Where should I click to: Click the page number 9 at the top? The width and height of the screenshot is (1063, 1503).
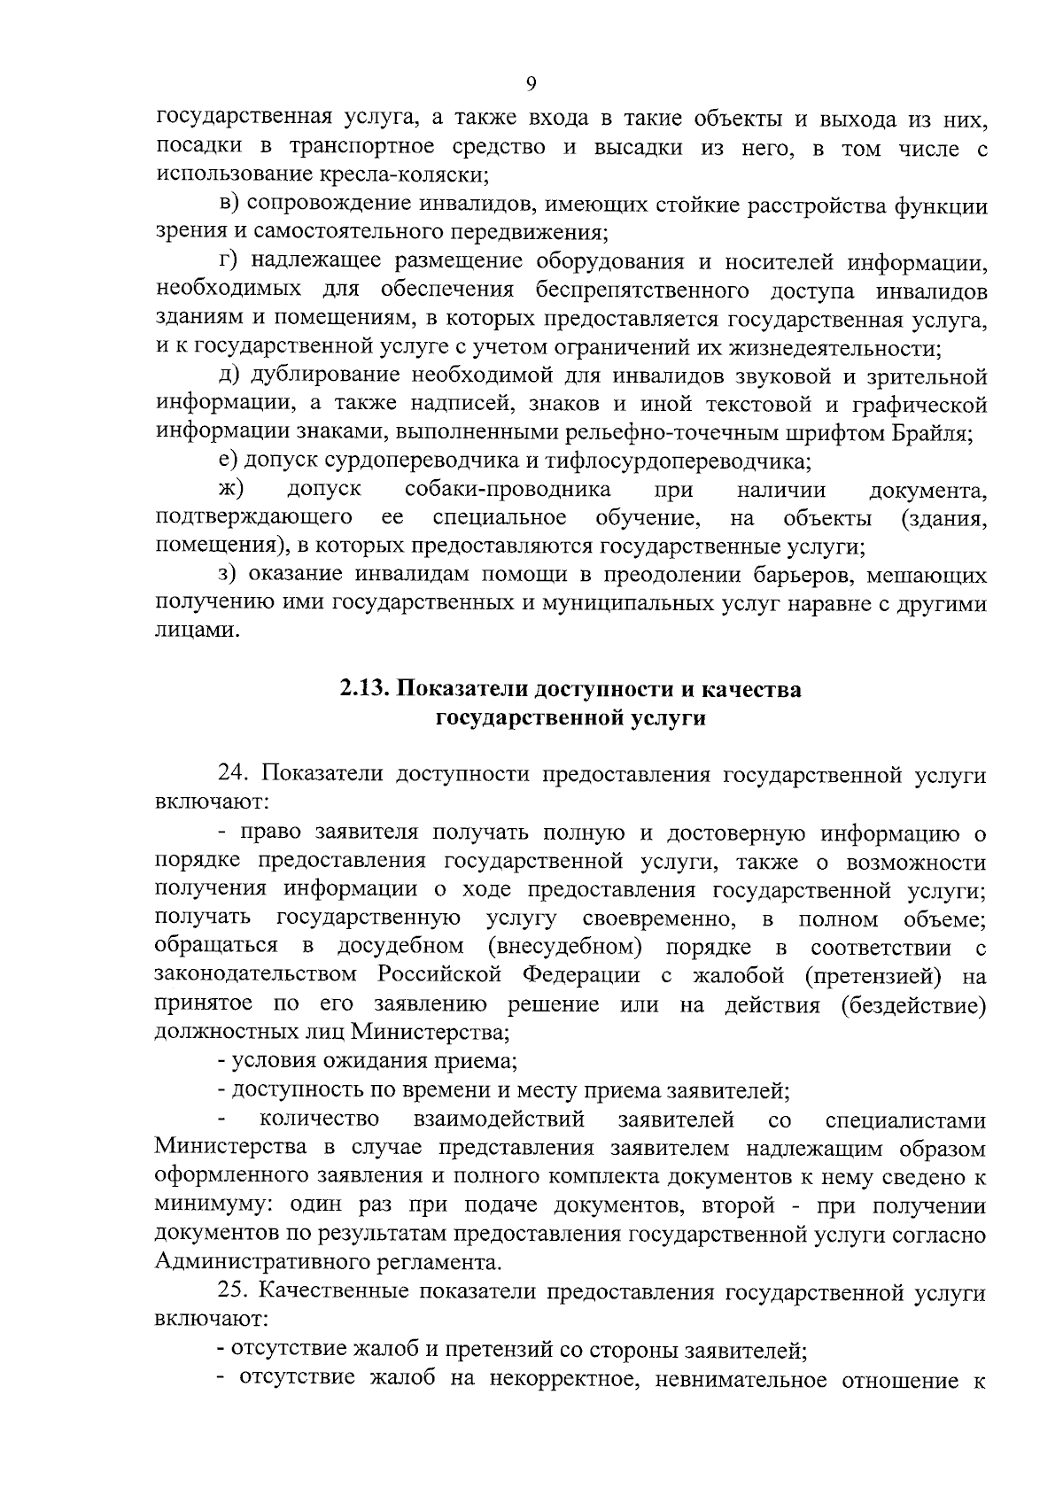(531, 83)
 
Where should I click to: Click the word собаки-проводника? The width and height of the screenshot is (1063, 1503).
(507, 491)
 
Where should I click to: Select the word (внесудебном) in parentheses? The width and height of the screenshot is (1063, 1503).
(564, 948)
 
